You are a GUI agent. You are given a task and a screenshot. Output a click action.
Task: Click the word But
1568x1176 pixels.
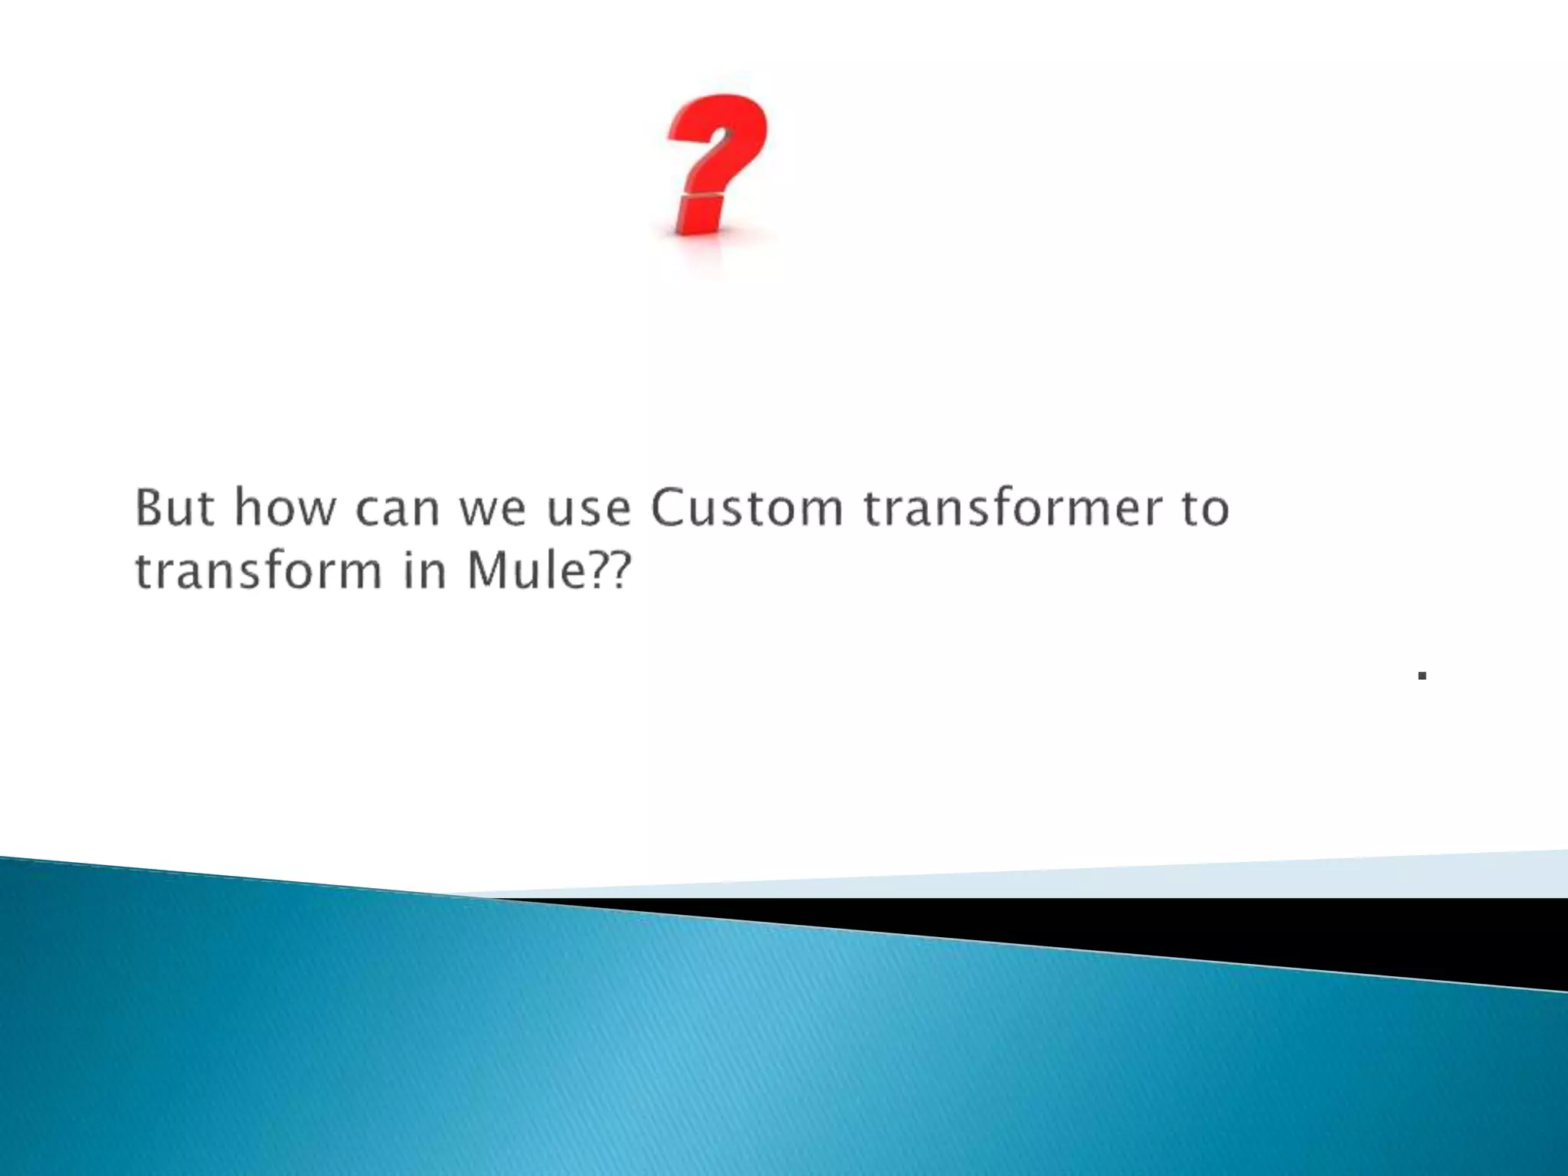click(174, 508)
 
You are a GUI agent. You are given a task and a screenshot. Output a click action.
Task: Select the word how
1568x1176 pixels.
click(285, 508)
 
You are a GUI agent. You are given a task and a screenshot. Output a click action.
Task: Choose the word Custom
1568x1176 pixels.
click(746, 508)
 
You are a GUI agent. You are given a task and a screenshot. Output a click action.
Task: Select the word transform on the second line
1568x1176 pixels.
click(258, 571)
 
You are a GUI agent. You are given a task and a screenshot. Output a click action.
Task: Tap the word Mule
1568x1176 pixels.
click(526, 571)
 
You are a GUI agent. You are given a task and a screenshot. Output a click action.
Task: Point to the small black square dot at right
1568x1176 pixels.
click(1422, 675)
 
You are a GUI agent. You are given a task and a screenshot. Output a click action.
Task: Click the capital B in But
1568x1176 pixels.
click(150, 508)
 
